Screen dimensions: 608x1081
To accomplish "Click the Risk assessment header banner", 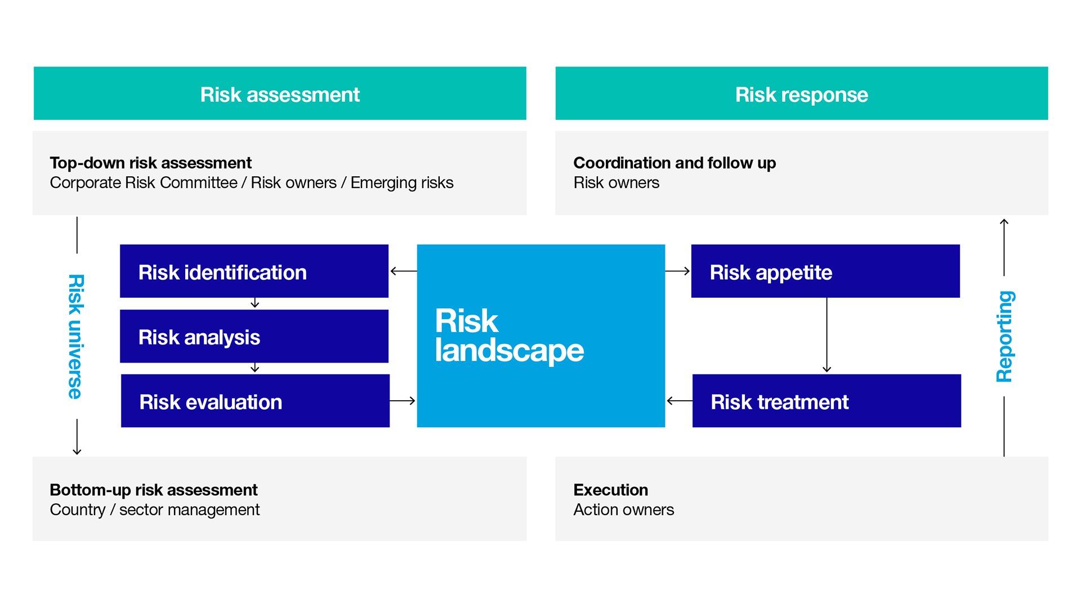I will coord(280,93).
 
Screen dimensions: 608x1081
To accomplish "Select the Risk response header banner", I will coord(801,93).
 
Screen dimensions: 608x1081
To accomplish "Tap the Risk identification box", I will coord(254,271).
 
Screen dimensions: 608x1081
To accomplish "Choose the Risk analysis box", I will coord(254,336).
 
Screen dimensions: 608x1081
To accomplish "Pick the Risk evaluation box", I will coord(255,401).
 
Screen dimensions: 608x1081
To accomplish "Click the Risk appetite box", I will coord(825,271).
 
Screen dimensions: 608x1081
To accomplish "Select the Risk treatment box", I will coord(827,401).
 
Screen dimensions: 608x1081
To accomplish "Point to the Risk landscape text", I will coord(509,336).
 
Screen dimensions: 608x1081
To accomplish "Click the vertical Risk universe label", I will coord(76,337).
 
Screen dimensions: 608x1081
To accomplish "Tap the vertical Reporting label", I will coord(1005,337).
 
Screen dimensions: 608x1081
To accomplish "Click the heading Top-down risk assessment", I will coord(150,163).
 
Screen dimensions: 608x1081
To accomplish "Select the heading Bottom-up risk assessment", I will coord(153,490).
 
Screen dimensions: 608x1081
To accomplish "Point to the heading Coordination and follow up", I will coord(674,163).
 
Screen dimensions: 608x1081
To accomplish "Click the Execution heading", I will coord(610,490).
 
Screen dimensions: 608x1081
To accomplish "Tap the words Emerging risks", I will coord(401,183).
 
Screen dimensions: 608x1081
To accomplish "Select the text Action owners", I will coord(623,510).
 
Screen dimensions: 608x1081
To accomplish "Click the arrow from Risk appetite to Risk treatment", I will coord(827,335).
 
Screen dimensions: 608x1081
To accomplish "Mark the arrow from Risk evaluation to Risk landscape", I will coord(403,401).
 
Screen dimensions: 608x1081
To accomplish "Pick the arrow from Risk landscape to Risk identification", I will coord(403,271).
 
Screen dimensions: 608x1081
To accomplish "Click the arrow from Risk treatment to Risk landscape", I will coord(679,401).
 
